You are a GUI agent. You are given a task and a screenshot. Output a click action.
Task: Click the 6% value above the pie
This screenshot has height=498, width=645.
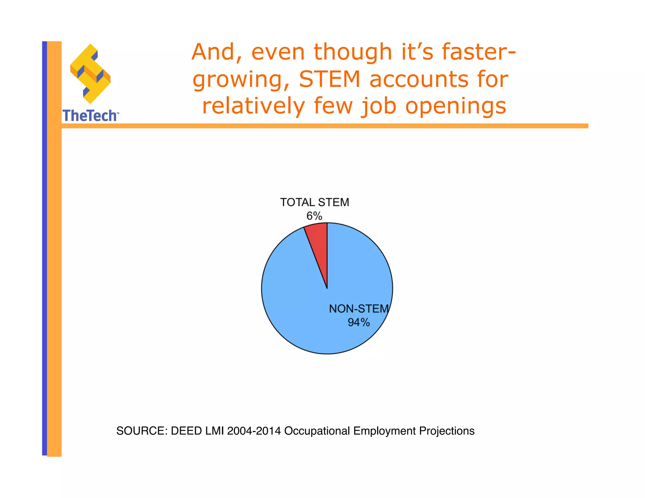pyautogui.click(x=314, y=216)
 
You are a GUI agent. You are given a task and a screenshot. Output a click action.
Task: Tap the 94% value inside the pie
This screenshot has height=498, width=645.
pyautogui.click(x=358, y=322)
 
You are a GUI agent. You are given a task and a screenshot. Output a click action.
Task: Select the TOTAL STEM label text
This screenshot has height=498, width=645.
pyautogui.click(x=314, y=202)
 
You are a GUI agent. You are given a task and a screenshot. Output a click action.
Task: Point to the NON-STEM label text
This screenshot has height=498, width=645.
pyautogui.click(x=359, y=309)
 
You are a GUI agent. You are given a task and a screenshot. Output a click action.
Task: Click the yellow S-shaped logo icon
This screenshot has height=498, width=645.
pyautogui.click(x=90, y=74)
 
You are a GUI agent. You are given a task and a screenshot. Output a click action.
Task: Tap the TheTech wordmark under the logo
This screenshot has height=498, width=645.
pyautogui.click(x=90, y=116)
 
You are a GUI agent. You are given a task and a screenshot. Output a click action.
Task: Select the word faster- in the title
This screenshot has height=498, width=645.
pyautogui.click(x=479, y=52)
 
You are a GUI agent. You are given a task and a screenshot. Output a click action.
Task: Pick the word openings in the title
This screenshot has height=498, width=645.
pyautogui.click(x=456, y=106)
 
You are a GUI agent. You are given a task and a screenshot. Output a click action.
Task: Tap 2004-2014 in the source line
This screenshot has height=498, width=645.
pyautogui.click(x=254, y=431)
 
